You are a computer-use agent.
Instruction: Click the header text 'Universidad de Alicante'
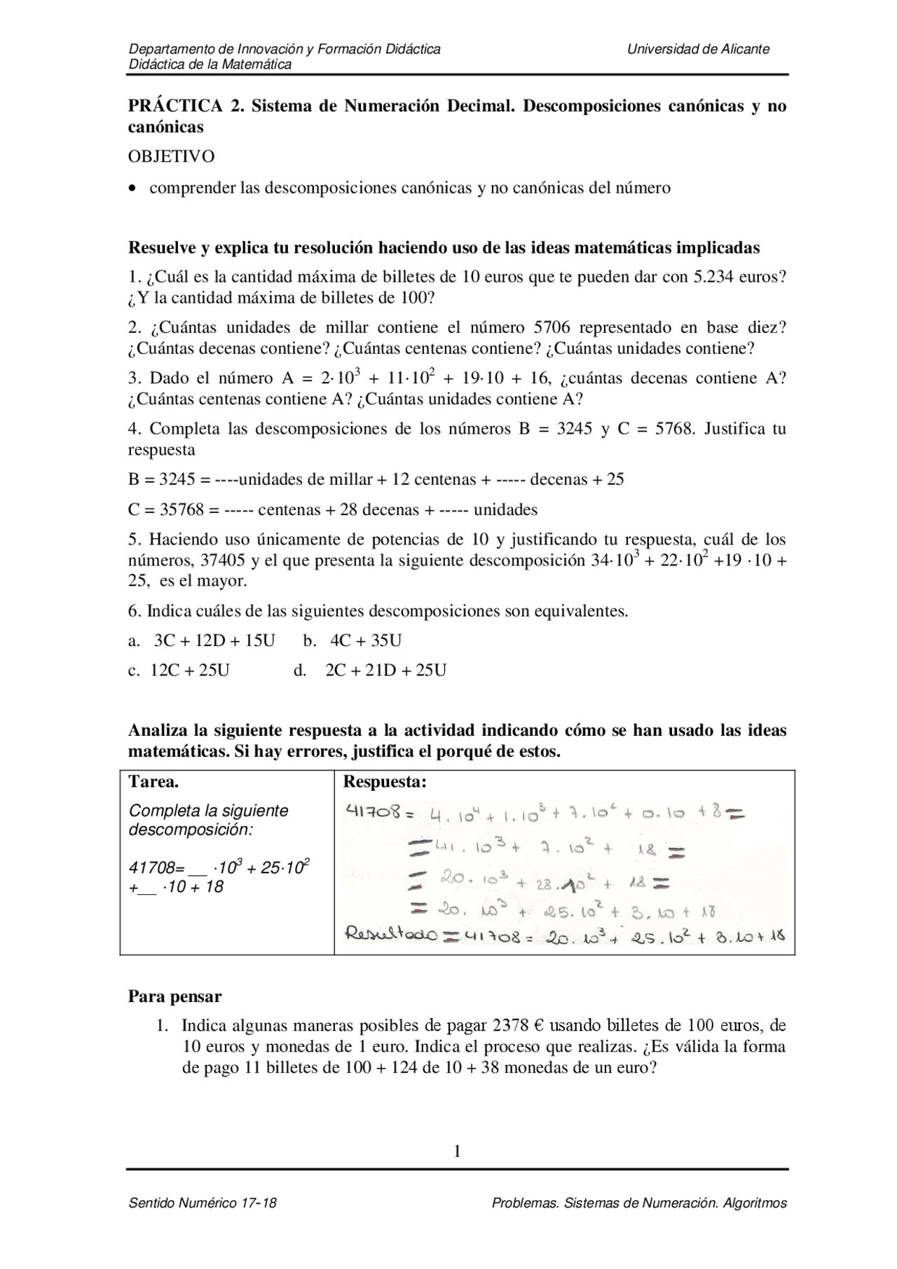(x=698, y=49)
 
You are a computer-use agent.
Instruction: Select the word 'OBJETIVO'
(x=171, y=156)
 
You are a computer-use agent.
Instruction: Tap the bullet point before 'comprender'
(x=133, y=188)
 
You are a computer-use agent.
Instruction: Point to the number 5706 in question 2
(x=553, y=327)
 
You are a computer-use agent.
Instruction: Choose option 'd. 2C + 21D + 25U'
(x=370, y=671)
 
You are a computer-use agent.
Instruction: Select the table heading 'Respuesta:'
(x=384, y=782)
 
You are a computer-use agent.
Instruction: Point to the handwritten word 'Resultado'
(x=383, y=934)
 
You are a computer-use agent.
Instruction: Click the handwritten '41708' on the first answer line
(x=371, y=812)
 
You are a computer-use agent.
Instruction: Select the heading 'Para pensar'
(x=174, y=996)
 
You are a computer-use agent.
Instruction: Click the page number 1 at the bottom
(x=457, y=1151)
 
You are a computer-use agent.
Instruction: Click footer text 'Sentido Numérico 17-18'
(x=203, y=1203)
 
